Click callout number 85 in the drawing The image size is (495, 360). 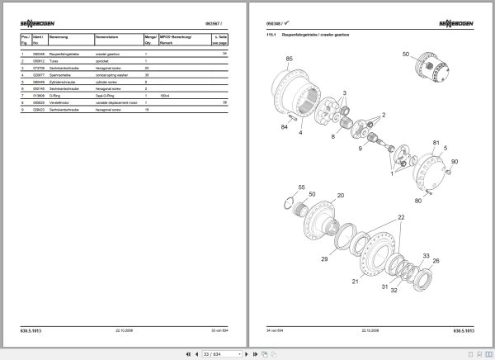pos(289,59)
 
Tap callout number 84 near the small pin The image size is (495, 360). pos(283,127)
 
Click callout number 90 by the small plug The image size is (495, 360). pos(454,161)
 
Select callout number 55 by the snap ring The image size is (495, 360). pos(301,188)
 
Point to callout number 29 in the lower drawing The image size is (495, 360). pos(324,259)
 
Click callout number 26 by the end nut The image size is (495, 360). pos(436,261)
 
